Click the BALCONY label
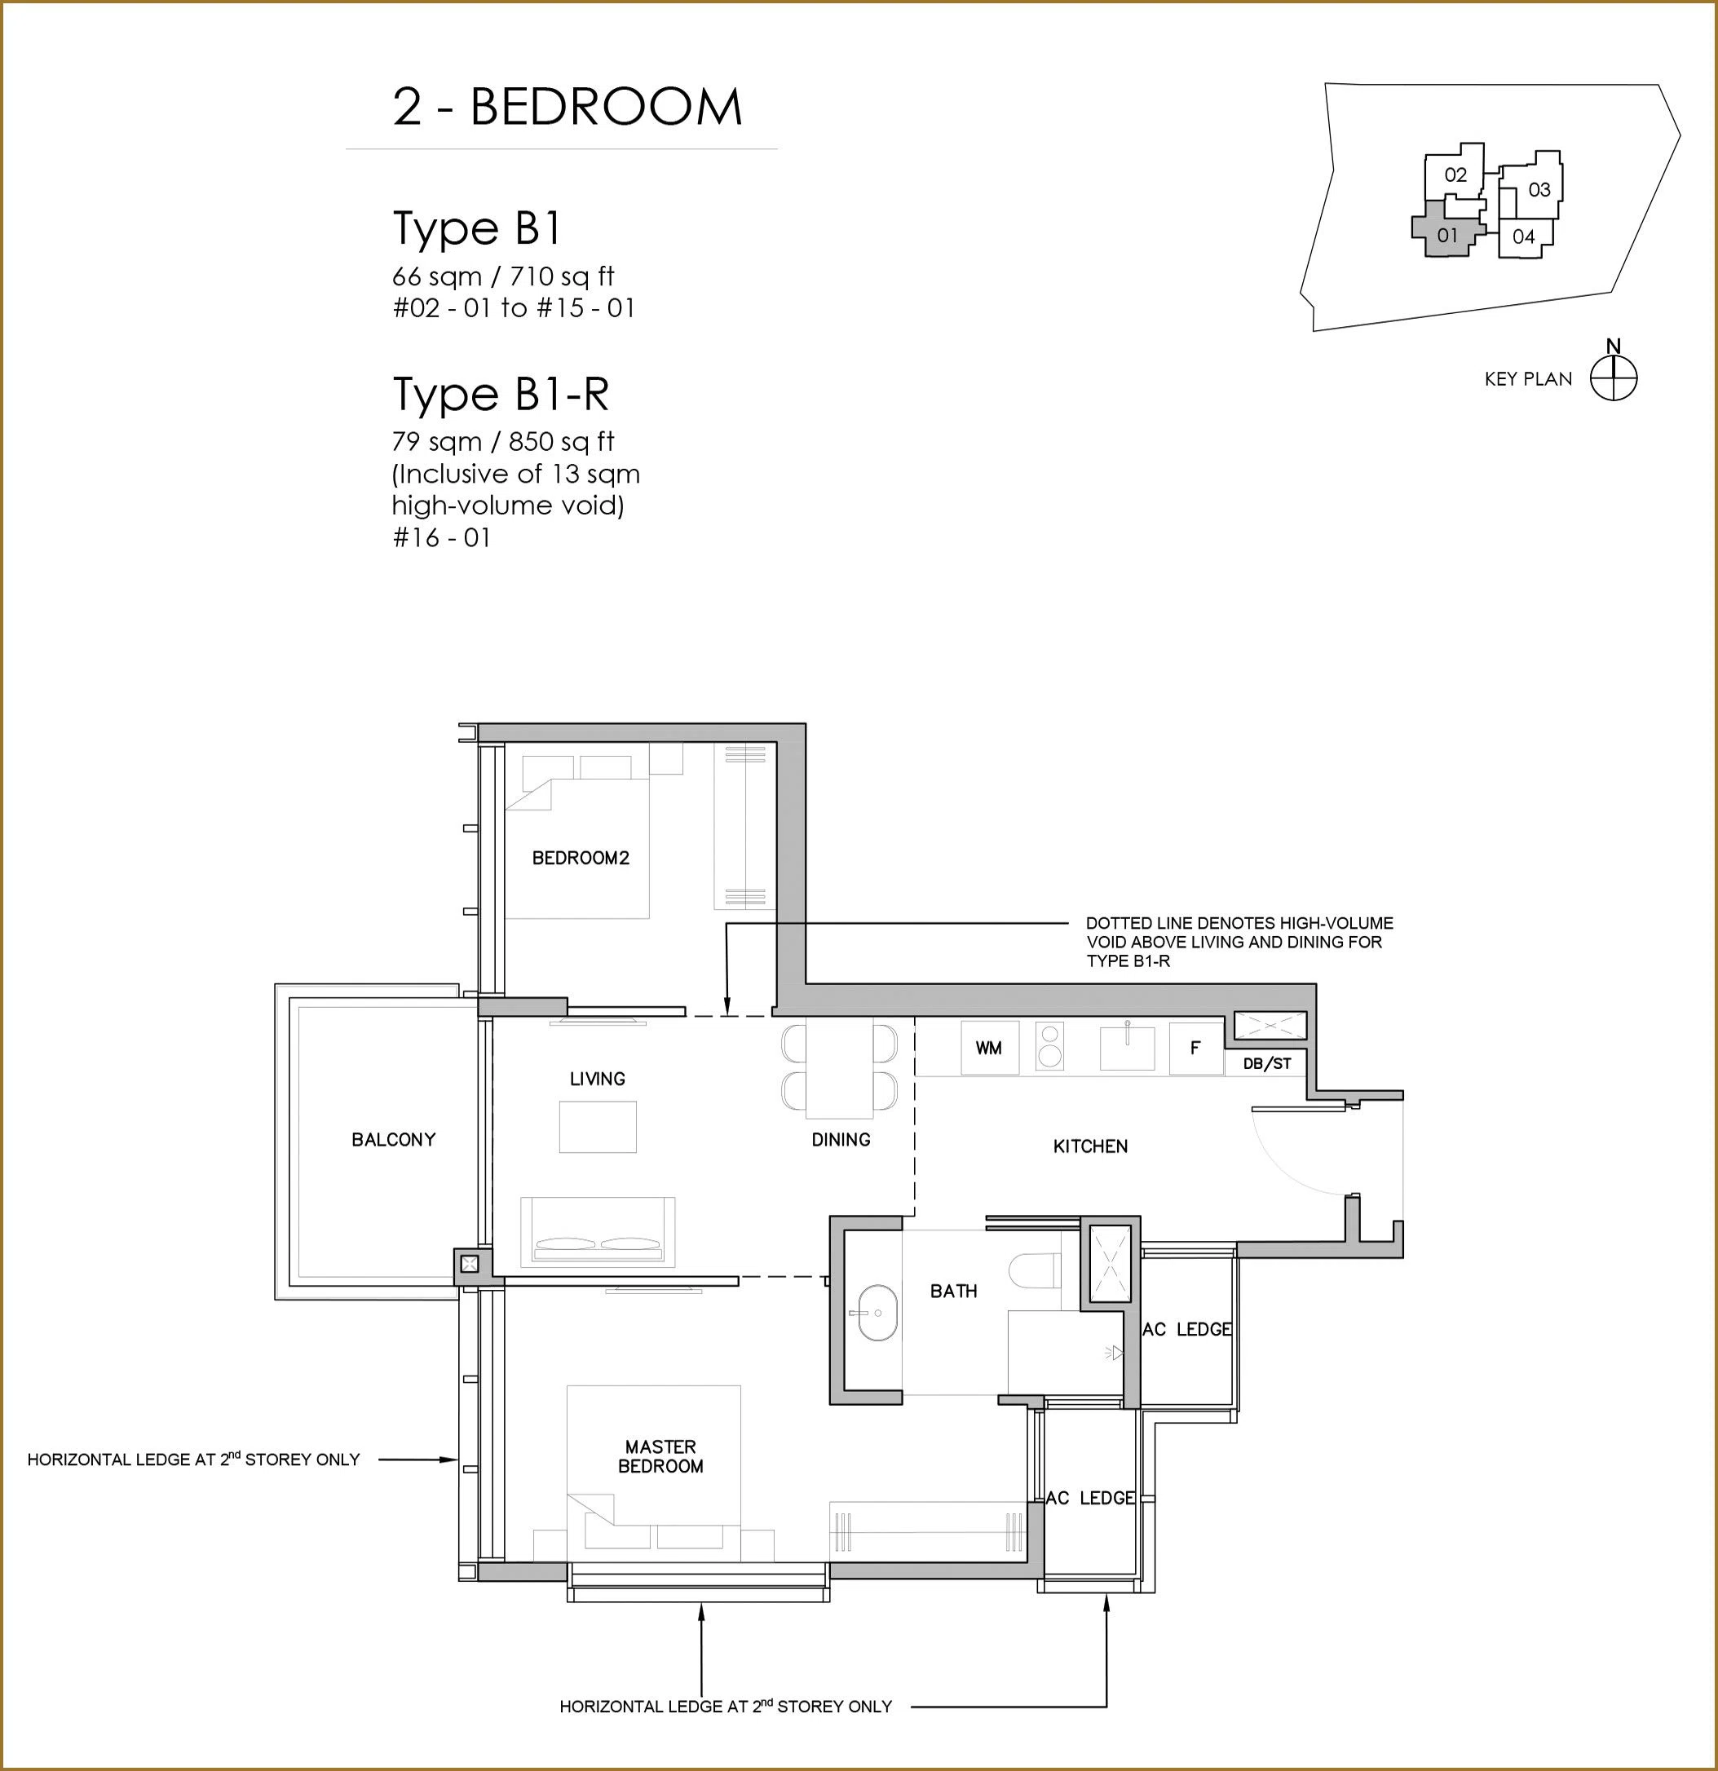pyautogui.click(x=393, y=1139)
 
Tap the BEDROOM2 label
pyautogui.click(x=581, y=858)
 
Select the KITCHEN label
pyautogui.click(x=1090, y=1146)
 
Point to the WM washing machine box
pyautogui.click(x=990, y=1047)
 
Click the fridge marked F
pyautogui.click(x=1195, y=1047)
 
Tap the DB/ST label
pyautogui.click(x=1267, y=1063)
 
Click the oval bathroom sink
pyautogui.click(x=874, y=1312)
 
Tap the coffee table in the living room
pyautogui.click(x=598, y=1127)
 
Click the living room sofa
pyautogui.click(x=598, y=1230)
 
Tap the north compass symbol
pyautogui.click(x=1613, y=378)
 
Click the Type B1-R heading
pyautogui.click(x=501, y=394)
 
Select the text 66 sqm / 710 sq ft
pyautogui.click(x=503, y=276)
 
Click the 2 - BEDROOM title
pyautogui.click(x=568, y=107)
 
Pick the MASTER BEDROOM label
pyautogui.click(x=660, y=1455)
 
